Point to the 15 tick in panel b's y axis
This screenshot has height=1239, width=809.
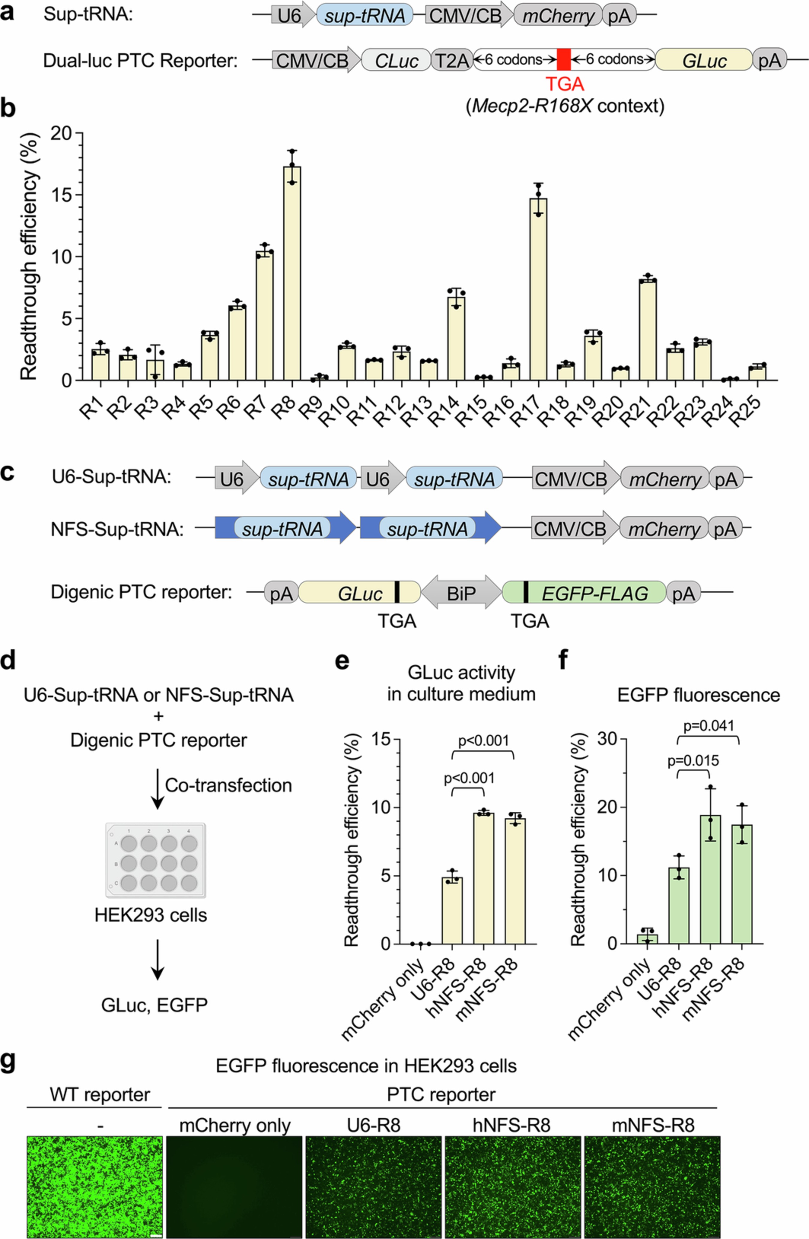pos(64,195)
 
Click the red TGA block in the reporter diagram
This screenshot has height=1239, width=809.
pos(564,60)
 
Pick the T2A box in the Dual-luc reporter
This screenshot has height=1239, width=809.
pos(451,61)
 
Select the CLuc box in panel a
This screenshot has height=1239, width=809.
pos(397,61)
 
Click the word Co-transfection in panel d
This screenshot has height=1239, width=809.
pos(229,786)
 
